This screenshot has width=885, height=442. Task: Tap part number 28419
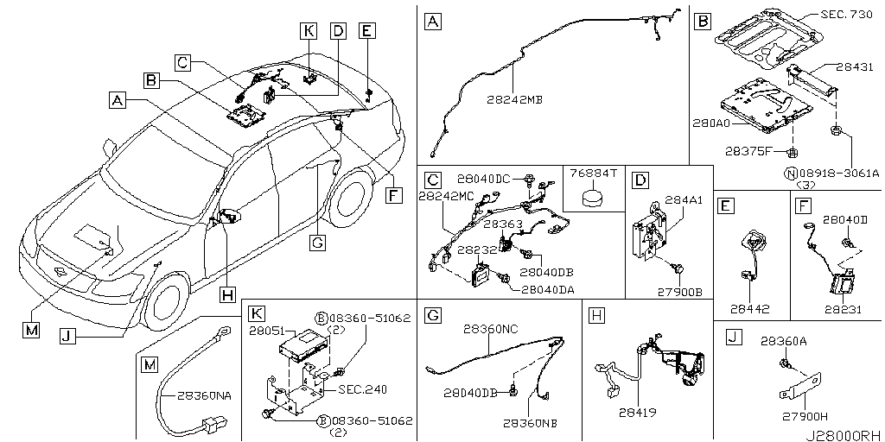click(640, 412)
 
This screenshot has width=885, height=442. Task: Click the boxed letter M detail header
click(150, 365)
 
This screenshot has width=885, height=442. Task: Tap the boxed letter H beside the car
click(226, 294)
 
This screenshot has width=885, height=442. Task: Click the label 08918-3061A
click(837, 174)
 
